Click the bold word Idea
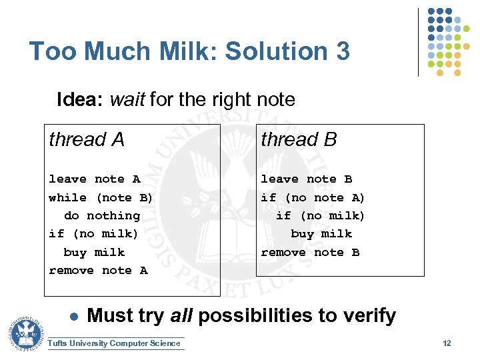(x=81, y=100)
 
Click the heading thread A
(x=87, y=140)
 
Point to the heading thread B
(x=299, y=140)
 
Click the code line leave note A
(x=94, y=179)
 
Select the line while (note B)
(x=101, y=197)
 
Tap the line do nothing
(x=102, y=215)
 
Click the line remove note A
(x=98, y=270)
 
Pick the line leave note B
(x=306, y=179)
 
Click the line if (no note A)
(x=313, y=197)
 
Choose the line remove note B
(x=310, y=252)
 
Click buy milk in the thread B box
(x=321, y=234)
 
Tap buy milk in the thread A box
(x=94, y=252)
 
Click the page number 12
(x=447, y=343)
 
